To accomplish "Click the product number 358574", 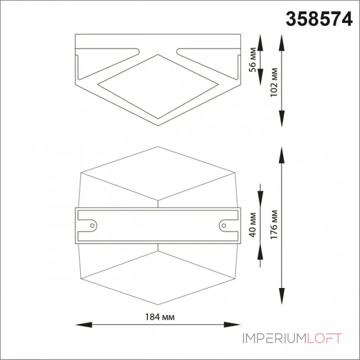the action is [319, 19].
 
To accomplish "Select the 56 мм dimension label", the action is [252, 60].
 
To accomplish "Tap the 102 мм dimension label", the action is [274, 82].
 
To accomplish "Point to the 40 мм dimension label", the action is [252, 225].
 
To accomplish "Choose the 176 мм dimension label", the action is [274, 225].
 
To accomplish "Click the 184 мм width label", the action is [160, 317].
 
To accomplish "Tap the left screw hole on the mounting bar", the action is [92, 226].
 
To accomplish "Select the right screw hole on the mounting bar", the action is [224, 226].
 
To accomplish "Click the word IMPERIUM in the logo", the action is [275, 338].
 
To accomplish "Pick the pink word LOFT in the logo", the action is [324, 338].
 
